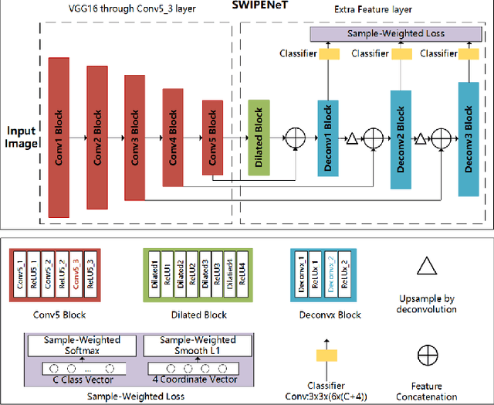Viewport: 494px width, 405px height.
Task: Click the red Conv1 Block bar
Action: coord(60,136)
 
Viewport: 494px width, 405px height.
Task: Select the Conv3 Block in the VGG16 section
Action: coord(135,136)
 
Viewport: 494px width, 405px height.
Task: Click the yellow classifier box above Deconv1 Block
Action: coord(329,54)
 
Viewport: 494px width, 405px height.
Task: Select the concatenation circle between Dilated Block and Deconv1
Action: coord(294,138)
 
